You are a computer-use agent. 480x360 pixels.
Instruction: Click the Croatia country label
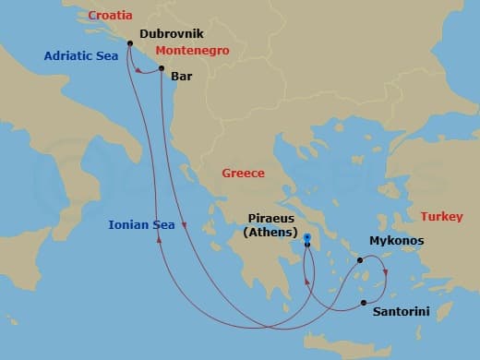110,16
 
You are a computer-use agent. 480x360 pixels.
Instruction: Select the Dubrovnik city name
171,33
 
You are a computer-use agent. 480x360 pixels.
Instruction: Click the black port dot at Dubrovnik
129,43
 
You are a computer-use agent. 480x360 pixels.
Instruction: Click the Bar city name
182,78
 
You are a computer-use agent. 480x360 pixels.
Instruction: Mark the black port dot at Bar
162,68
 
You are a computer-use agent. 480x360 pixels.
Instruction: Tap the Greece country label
243,173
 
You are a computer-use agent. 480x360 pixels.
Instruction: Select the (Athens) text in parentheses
271,233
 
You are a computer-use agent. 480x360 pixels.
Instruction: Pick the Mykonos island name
396,241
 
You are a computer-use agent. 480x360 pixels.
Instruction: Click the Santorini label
401,312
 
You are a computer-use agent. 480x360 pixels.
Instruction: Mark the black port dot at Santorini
364,303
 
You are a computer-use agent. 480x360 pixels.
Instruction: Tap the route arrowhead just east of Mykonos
385,271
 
